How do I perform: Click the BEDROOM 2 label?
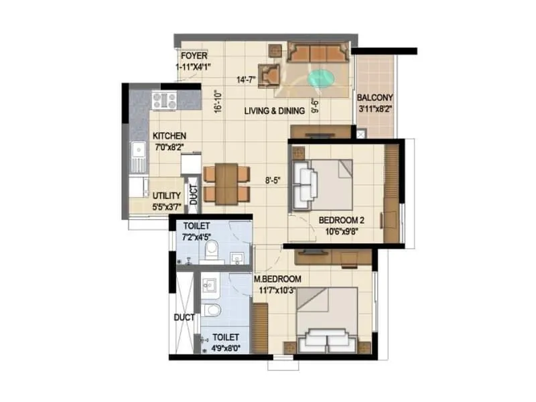[x=342, y=220]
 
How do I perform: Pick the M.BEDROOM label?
[x=277, y=279]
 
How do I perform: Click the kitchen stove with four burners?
[x=164, y=100]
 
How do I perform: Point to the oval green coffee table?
[x=321, y=77]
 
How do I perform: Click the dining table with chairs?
[x=226, y=184]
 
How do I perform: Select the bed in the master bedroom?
[x=329, y=320]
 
